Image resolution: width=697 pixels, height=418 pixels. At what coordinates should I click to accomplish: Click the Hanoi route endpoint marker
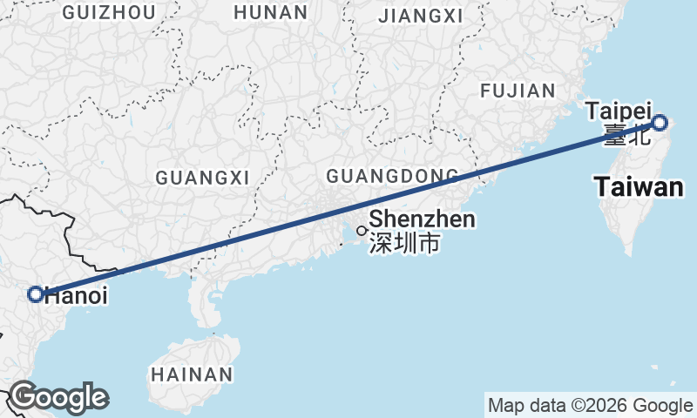36,294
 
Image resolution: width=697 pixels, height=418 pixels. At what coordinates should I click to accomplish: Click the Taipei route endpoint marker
660,123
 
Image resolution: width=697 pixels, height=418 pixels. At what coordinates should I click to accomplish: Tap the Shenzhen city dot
362,231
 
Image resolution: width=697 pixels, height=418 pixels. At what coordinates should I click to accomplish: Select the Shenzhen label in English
423,219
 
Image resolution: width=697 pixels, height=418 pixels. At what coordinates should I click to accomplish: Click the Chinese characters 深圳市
404,243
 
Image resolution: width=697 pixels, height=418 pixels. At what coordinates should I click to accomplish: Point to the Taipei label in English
619,111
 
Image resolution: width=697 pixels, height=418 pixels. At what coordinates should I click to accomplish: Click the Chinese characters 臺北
626,134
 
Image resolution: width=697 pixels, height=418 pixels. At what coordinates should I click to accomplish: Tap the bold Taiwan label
638,186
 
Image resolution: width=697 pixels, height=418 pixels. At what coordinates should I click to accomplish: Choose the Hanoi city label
76,296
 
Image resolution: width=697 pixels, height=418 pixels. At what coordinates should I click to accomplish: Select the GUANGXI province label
202,178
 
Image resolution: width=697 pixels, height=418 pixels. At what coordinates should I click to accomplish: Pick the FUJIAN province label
518,91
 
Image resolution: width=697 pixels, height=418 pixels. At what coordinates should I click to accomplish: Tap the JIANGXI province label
421,17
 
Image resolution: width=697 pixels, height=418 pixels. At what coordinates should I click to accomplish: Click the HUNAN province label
271,13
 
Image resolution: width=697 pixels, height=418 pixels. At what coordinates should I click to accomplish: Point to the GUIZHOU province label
110,13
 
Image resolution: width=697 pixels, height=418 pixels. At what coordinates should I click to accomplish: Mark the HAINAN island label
192,375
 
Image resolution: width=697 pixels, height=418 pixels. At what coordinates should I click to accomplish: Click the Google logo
58,398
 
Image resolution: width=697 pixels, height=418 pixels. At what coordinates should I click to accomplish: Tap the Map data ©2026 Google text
590,405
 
